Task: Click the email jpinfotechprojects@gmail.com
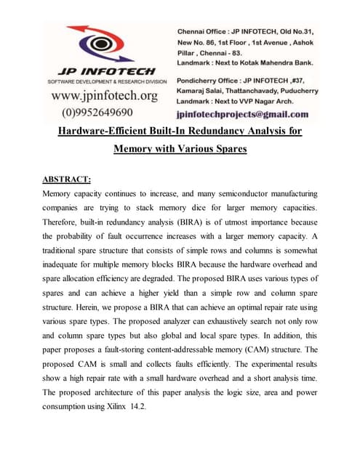[x=242, y=114]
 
